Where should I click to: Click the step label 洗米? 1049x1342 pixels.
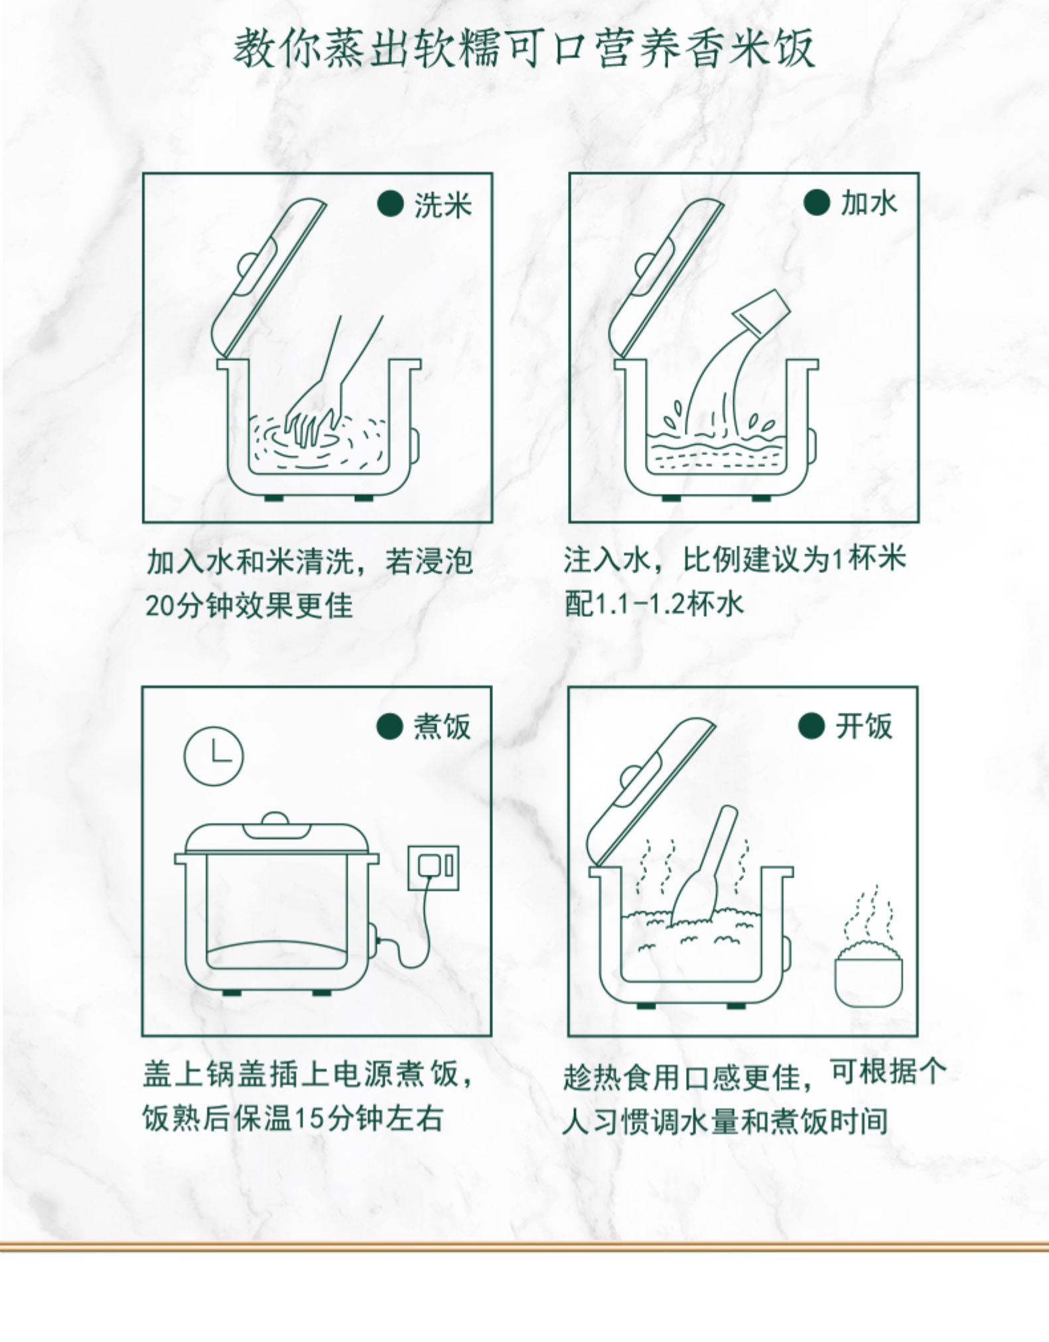[443, 205]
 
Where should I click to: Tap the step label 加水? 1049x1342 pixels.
[869, 203]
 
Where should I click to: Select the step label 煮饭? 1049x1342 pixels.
[442, 726]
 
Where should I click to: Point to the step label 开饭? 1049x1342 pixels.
[864, 726]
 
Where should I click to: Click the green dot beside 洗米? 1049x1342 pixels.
[390, 204]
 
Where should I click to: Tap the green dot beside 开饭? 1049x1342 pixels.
[811, 726]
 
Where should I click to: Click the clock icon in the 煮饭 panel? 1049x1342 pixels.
[214, 757]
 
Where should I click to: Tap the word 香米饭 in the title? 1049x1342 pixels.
[752, 49]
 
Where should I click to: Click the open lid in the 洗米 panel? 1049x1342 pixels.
[269, 279]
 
